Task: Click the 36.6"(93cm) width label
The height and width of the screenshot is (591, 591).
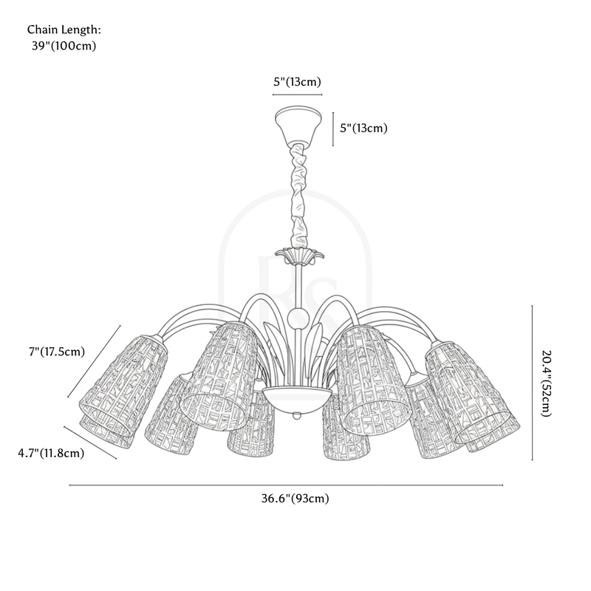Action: coord(295,498)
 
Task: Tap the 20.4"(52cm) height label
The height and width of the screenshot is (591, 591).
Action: coord(547,383)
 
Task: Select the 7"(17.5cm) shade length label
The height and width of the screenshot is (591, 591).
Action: coord(57,352)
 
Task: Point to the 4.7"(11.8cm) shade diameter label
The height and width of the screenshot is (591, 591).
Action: coord(51,453)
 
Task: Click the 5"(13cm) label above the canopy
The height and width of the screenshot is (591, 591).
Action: coord(298,82)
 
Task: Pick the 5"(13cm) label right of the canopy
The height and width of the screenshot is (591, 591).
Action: coord(363,128)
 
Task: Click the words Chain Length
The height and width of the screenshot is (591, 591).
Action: coord(64,30)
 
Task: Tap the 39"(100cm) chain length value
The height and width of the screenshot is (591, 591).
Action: coord(64,46)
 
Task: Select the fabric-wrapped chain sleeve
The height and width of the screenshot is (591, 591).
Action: coord(299,195)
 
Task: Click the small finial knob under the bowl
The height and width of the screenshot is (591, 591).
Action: coord(298,416)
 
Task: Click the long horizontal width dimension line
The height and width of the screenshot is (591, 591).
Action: coord(286,485)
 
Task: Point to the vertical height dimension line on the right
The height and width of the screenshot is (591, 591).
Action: coord(532,383)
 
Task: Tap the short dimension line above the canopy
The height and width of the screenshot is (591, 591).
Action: coord(298,95)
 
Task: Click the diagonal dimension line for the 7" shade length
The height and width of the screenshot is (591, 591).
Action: coord(95,361)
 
